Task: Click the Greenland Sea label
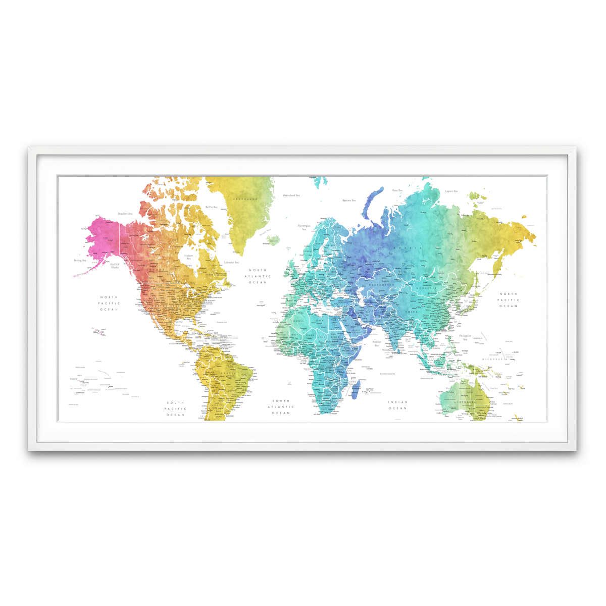(x=291, y=195)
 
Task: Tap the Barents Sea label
(x=349, y=200)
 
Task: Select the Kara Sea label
(x=397, y=190)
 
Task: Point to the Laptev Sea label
(x=451, y=191)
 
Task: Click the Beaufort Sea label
(x=125, y=214)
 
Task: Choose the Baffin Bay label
(x=212, y=207)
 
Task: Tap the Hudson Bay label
(x=188, y=257)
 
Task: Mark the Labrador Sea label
(x=231, y=262)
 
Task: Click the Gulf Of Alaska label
(x=115, y=266)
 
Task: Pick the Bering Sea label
(x=80, y=261)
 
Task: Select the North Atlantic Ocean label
(x=258, y=276)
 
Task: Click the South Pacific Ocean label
(x=176, y=409)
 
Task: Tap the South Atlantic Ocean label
(x=281, y=407)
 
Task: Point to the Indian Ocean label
(x=397, y=405)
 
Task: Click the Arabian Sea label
(x=377, y=343)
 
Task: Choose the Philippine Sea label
(x=465, y=337)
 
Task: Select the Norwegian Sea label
(x=304, y=227)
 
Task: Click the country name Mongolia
(x=426, y=288)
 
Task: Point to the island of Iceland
(x=273, y=239)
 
